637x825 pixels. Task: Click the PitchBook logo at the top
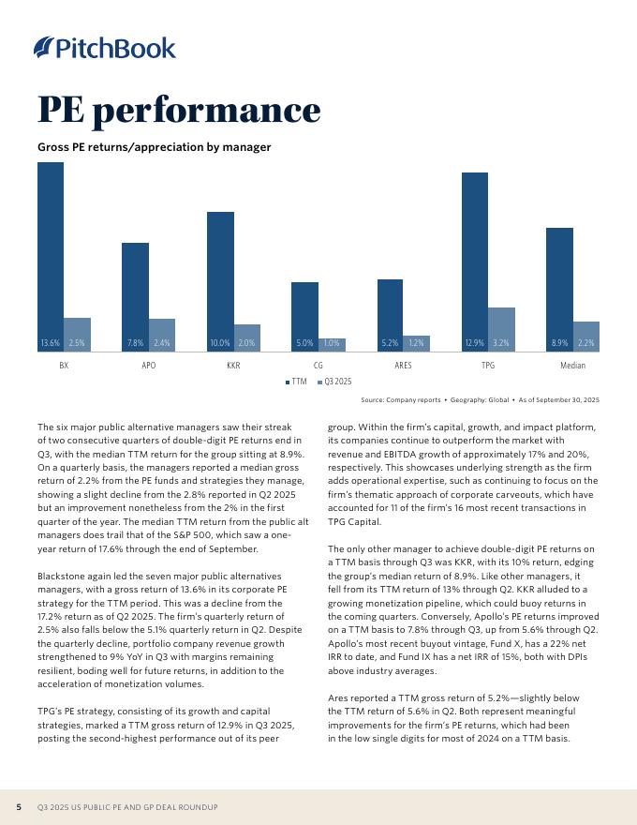104,47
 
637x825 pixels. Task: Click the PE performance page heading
179,110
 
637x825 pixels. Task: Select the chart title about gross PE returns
154,147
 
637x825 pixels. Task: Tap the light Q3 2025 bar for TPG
501,328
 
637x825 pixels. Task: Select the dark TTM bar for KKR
220,277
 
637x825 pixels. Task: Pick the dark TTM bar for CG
304,314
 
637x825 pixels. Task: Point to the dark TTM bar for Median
559,286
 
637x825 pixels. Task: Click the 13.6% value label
51,343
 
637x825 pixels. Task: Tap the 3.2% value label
501,343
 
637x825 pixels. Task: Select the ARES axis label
403,365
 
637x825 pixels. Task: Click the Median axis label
572,365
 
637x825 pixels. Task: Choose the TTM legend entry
296,382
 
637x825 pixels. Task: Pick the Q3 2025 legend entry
334,382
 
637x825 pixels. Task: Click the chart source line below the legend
480,400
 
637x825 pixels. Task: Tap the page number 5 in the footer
19,807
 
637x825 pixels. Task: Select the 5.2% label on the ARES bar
390,343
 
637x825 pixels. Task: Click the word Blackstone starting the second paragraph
60,574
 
